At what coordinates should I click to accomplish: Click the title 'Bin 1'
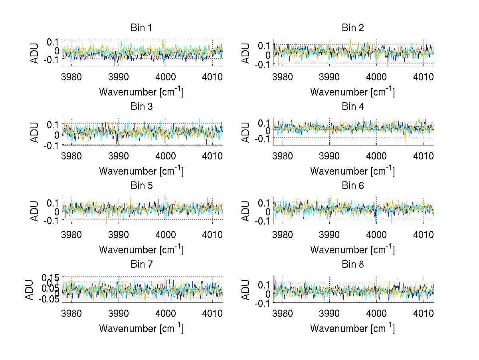click(141, 28)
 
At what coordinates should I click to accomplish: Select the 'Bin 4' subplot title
click(353, 107)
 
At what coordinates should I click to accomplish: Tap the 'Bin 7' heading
click(141, 265)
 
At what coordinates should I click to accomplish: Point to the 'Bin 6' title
click(353, 186)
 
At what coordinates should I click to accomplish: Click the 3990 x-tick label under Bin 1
click(119, 77)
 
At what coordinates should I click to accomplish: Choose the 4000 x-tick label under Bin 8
click(376, 313)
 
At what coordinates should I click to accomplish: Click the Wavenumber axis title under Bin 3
click(141, 171)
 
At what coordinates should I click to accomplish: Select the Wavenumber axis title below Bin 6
click(353, 249)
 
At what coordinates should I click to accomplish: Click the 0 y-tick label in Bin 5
click(57, 211)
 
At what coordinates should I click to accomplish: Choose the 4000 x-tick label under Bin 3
click(165, 155)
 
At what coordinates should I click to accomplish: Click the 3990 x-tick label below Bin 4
click(330, 155)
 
